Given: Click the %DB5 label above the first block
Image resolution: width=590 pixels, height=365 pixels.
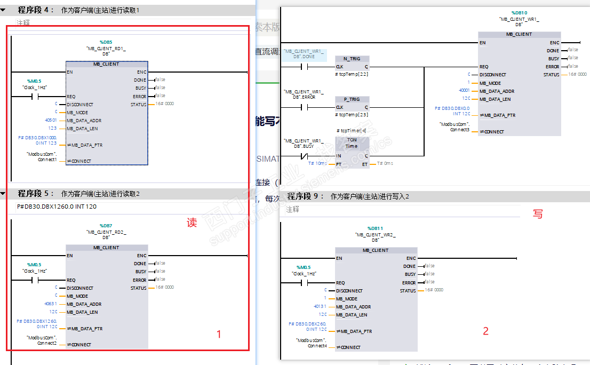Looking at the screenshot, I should click(x=106, y=42).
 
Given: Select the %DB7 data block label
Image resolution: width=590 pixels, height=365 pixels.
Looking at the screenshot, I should click(x=106, y=226).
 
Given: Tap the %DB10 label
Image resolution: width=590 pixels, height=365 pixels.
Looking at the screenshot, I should click(x=519, y=12).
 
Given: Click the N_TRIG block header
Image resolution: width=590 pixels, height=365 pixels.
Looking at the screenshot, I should click(x=352, y=59).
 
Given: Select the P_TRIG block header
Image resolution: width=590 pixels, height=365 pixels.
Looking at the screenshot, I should click(x=352, y=99).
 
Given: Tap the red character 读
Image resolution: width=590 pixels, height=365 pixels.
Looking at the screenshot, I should click(x=192, y=223).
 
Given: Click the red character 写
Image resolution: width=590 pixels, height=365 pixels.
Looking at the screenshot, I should click(x=538, y=214).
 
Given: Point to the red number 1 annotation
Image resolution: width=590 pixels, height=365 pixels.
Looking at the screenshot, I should click(x=219, y=335).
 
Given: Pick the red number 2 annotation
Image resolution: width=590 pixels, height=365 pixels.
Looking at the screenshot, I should click(x=485, y=331).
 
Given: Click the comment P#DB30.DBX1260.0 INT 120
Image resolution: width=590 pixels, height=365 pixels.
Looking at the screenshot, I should click(x=57, y=207).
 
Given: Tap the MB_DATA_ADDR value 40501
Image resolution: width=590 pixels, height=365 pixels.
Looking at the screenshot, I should click(x=52, y=121).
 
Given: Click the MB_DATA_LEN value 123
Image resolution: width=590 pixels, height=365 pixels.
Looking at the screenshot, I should click(x=52, y=129).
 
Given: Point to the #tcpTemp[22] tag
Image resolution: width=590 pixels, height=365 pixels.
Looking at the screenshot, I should click(x=352, y=74).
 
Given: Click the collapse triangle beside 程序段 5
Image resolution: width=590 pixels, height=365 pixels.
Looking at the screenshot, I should click(x=4, y=194).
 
